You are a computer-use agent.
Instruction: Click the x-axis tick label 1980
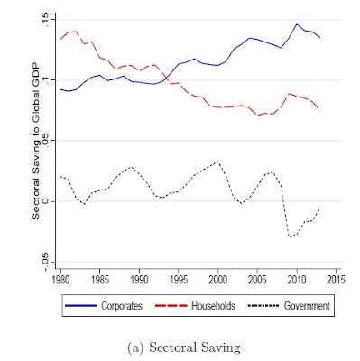(x=60, y=280)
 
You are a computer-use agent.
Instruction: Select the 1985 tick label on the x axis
(x=100, y=280)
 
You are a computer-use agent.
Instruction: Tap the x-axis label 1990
(x=139, y=280)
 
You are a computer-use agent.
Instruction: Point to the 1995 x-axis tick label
(x=179, y=280)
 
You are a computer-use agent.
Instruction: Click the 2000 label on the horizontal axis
(x=218, y=280)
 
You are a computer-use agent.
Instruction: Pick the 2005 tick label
(x=257, y=280)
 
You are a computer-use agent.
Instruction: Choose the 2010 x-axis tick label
(x=297, y=280)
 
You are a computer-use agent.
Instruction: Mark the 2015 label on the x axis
(x=336, y=280)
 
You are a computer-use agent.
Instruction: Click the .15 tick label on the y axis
(x=46, y=21)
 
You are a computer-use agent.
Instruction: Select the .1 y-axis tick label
(x=46, y=80)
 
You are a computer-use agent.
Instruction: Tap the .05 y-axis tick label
(x=46, y=142)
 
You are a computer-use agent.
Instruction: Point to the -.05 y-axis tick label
(x=46, y=261)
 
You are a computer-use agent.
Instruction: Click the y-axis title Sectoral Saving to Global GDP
(x=36, y=141)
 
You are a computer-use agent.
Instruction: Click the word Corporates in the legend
(x=122, y=306)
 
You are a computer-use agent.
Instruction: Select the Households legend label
(x=213, y=306)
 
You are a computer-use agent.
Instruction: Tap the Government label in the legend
(x=307, y=306)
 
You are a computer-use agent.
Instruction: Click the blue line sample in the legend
(x=81, y=306)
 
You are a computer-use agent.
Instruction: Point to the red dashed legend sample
(x=171, y=306)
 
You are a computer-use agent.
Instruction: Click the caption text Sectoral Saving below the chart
(x=195, y=347)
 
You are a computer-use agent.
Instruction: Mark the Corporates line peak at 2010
(x=297, y=24)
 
